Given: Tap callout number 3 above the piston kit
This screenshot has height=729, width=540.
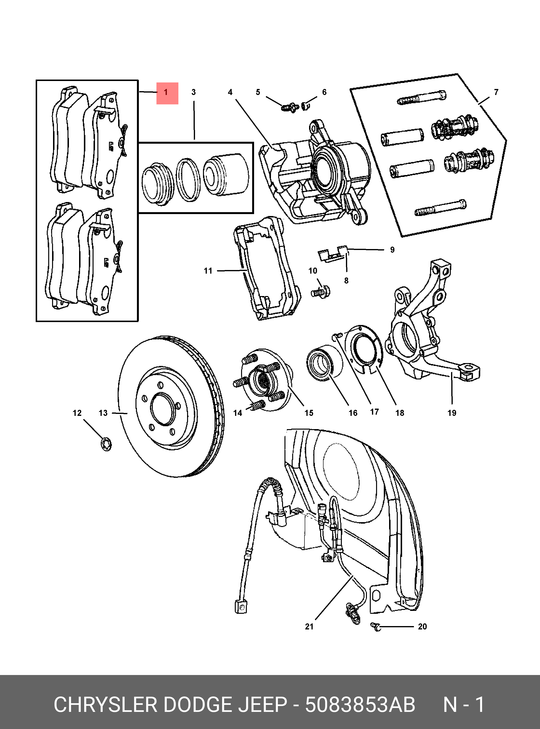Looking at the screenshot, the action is click(x=194, y=92).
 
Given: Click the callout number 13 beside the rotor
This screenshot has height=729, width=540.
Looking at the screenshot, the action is click(x=103, y=413).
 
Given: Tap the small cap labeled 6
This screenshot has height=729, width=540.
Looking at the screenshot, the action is click(x=305, y=105).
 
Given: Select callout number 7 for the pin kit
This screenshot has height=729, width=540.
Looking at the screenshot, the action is click(x=496, y=92).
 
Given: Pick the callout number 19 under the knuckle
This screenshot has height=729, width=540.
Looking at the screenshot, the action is click(x=452, y=413).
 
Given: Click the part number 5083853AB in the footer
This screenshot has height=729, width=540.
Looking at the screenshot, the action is click(x=360, y=705).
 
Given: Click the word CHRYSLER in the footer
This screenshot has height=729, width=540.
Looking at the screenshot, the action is click(x=106, y=705).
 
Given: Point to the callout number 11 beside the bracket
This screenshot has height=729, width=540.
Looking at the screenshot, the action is click(x=208, y=271).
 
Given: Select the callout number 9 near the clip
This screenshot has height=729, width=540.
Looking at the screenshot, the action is click(x=392, y=250).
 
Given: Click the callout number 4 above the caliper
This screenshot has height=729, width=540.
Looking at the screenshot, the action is click(x=230, y=92).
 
